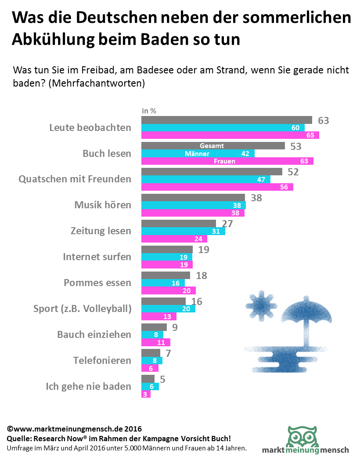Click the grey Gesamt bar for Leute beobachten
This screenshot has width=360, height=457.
[x=226, y=120]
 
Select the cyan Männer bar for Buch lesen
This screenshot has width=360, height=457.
[x=198, y=153]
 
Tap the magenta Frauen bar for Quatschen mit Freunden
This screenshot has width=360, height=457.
[x=217, y=187]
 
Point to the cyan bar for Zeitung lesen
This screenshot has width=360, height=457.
[x=183, y=231]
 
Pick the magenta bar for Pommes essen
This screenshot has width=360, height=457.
[x=168, y=290]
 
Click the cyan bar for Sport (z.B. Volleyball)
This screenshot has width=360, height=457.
[x=168, y=308]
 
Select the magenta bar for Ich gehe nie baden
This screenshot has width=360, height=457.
[x=146, y=394]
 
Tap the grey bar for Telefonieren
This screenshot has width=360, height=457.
[x=151, y=353]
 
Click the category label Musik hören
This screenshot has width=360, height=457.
[x=102, y=205]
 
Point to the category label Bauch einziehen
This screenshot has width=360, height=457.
[x=94, y=334]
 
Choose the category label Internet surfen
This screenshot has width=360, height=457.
[x=97, y=257]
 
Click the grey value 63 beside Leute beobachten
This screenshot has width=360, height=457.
[x=323, y=120]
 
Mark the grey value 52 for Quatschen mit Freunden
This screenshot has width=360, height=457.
[x=293, y=172]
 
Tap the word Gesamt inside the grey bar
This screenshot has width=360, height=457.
[x=212, y=145]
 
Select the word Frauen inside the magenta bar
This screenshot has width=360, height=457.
[x=224, y=161]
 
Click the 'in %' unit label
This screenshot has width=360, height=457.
[x=149, y=111]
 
